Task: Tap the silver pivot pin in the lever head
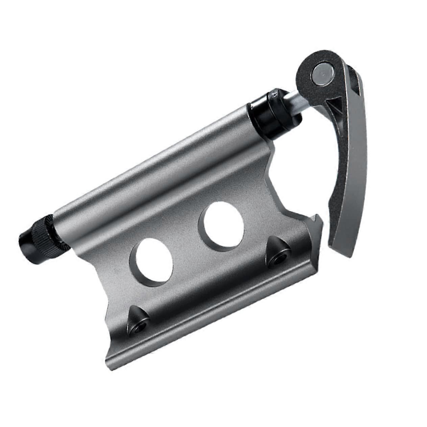tap(322, 72)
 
